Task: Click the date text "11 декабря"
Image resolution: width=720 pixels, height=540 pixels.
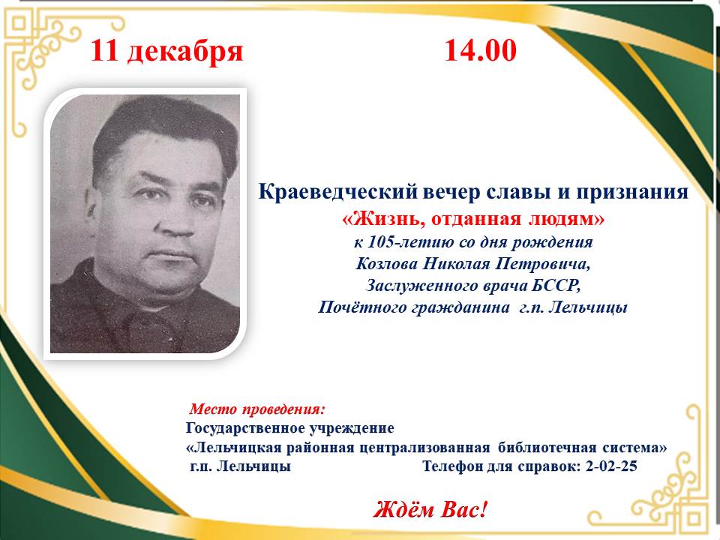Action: (167, 51)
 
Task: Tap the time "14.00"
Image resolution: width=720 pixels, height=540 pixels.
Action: (480, 51)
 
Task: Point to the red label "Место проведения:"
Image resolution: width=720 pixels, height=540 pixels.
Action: (258, 409)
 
